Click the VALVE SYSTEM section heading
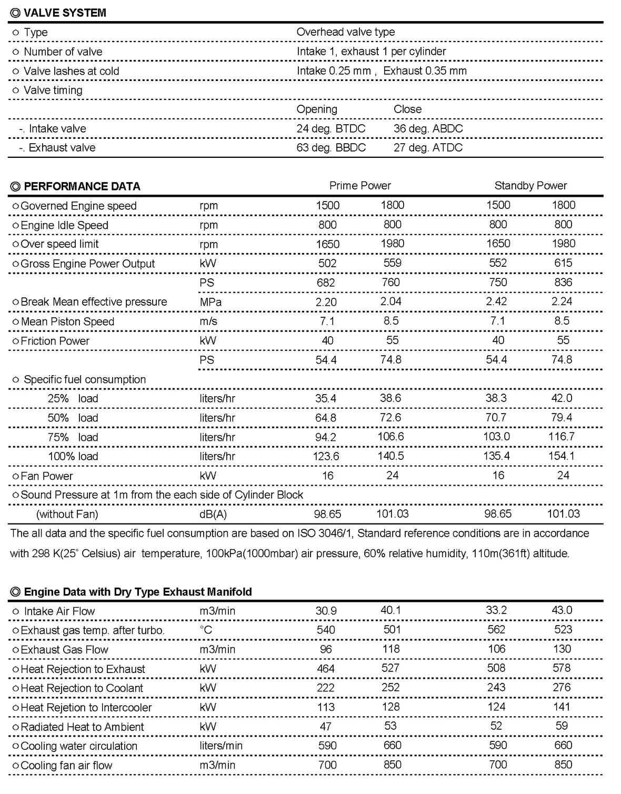point(64,13)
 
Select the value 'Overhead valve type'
point(345,32)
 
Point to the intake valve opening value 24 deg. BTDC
point(330,129)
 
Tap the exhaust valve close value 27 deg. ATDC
point(428,148)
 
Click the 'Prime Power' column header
point(360,186)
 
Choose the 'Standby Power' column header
point(530,186)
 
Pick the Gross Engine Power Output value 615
point(563,263)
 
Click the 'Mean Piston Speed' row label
point(67,321)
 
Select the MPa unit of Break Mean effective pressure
point(211,302)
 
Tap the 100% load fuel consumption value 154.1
point(561,456)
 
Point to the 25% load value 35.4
point(326,398)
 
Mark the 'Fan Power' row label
point(46,476)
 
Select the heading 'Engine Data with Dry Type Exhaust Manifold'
point(138,592)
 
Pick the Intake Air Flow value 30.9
point(326,611)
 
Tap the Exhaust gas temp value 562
point(496,630)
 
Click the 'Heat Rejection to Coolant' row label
point(82,688)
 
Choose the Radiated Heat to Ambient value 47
point(326,727)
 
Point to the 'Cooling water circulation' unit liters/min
point(221,746)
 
